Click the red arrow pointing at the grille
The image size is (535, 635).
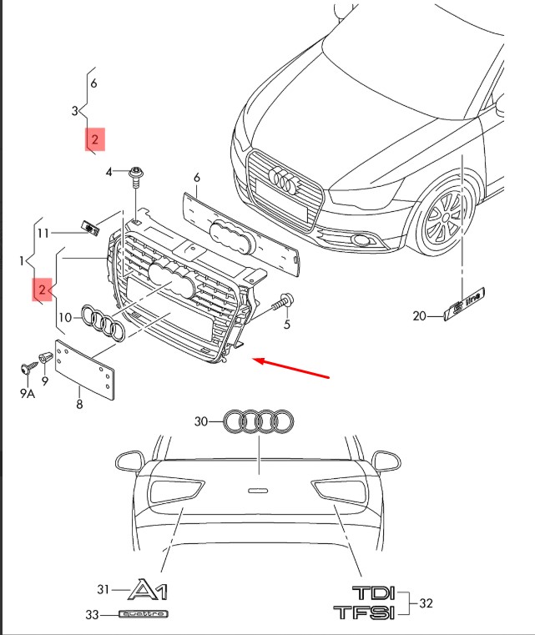tap(292, 368)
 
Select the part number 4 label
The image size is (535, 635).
tap(109, 172)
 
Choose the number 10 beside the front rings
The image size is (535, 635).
tap(64, 317)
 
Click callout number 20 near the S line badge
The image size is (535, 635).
tap(419, 315)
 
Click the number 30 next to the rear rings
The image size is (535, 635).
tap(200, 421)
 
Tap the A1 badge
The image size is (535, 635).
tap(148, 591)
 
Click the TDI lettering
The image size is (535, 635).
tap(372, 594)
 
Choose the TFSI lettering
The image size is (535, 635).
tap(365, 613)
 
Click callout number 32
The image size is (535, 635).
tap(426, 603)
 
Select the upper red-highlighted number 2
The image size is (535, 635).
tap(94, 140)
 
